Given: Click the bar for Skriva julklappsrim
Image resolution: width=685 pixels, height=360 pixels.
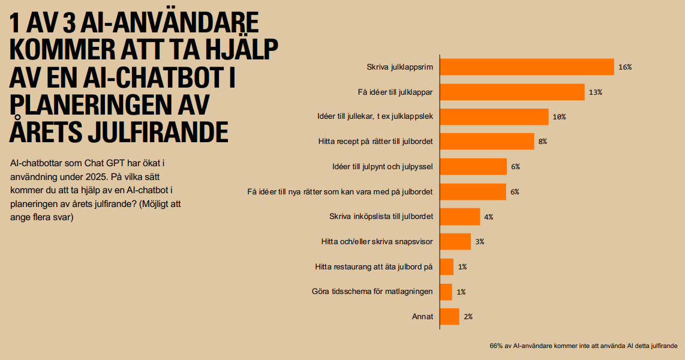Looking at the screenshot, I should (x=527, y=67).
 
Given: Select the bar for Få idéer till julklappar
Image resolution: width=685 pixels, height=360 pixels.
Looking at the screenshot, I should (x=512, y=92).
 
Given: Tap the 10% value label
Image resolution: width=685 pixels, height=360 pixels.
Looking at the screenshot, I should (x=559, y=117).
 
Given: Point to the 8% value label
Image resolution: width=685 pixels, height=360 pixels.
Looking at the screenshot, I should (x=542, y=142).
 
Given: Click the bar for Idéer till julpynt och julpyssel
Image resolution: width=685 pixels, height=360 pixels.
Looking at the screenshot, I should (x=473, y=167).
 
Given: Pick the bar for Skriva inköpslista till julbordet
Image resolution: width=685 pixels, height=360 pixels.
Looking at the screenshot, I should (x=459, y=217).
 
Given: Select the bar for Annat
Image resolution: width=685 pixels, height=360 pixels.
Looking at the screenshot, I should (x=449, y=316).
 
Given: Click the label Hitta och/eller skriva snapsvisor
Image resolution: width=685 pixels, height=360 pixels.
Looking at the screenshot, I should (x=377, y=242).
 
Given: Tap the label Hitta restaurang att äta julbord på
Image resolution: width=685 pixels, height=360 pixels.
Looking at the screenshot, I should (x=374, y=267).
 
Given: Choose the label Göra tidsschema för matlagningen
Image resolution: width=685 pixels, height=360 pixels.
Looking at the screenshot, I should (x=372, y=292).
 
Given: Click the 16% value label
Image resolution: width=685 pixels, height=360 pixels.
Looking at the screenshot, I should (x=624, y=67).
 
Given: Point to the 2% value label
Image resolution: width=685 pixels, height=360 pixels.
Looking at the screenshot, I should (x=468, y=316).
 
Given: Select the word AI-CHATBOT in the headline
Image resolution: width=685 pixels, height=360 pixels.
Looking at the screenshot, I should (x=158, y=77).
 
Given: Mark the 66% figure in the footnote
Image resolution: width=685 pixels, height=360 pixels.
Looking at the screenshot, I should (x=497, y=346).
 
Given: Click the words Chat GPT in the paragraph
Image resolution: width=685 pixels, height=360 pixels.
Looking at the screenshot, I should (x=118, y=163).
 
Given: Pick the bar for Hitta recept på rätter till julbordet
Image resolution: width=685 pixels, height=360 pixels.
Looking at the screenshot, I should (x=486, y=142).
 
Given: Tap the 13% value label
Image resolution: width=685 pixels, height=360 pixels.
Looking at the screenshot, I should (x=595, y=92).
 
